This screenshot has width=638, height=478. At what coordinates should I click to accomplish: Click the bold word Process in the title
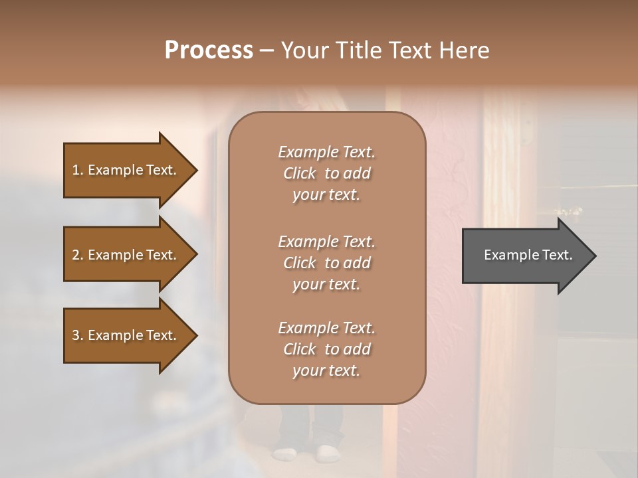209,50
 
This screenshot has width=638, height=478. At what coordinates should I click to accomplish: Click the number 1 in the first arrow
76,170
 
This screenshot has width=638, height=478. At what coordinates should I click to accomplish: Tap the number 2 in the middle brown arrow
76,255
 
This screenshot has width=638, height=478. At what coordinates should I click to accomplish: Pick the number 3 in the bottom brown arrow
76,335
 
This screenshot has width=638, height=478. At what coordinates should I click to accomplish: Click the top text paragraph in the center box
326,173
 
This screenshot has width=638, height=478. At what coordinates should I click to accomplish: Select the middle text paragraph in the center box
326,263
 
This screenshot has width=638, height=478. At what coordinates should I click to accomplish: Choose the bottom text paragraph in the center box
326,349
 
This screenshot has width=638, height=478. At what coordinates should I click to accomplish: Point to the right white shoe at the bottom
328,454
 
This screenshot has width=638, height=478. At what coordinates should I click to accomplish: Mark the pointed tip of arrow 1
196,170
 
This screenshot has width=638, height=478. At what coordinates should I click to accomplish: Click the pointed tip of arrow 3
196,335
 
